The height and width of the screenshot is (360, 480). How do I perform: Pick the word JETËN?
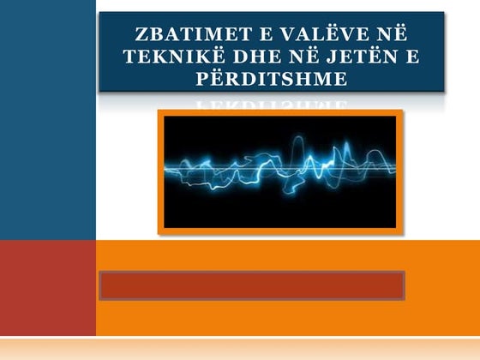pyautogui.click(x=364, y=57)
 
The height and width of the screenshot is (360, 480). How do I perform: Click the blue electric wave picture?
pyautogui.click(x=280, y=171)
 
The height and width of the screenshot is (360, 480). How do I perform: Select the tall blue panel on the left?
pyautogui.click(x=48, y=120)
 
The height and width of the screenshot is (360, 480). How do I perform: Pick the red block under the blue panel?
pyautogui.click(x=48, y=287)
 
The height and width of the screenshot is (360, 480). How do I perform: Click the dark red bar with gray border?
pyautogui.click(x=251, y=285)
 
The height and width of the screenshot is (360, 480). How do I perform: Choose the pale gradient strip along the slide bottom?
pyautogui.click(x=240, y=348)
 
